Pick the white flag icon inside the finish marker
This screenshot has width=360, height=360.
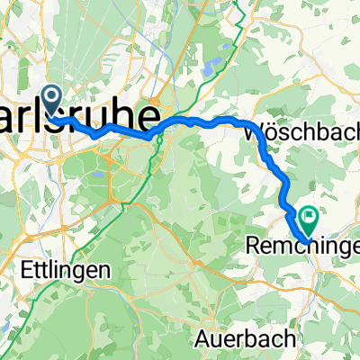[310, 216]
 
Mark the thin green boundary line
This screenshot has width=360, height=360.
[27, 270]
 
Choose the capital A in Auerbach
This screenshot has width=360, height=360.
[202, 339]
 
